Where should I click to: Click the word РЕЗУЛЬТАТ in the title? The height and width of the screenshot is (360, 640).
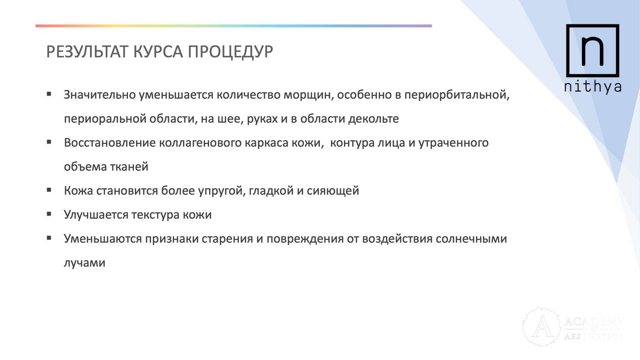pos(86,52)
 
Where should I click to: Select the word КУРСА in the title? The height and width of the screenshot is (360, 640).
pos(158,52)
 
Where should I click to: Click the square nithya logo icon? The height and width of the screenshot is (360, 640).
pos(593,51)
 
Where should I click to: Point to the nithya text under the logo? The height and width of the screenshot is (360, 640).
pos(593,87)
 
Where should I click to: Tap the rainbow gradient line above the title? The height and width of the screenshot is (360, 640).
pos(234,26)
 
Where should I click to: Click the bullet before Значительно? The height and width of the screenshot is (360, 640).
pos(49,94)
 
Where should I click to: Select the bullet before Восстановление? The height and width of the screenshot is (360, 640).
pos(49,142)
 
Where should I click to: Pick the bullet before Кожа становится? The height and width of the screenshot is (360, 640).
pos(49,190)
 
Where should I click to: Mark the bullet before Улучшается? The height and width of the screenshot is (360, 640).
pos(49,214)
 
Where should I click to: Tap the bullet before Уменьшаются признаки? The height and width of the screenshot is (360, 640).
pos(49,238)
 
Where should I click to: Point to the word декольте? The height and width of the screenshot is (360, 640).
pos(373,119)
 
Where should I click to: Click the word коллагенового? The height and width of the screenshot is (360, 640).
pos(200,143)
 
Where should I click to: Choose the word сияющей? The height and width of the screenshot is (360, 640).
pos(333,191)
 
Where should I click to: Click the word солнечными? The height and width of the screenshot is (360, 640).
pos(471,239)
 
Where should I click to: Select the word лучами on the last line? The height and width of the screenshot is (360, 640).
pos(84,263)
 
